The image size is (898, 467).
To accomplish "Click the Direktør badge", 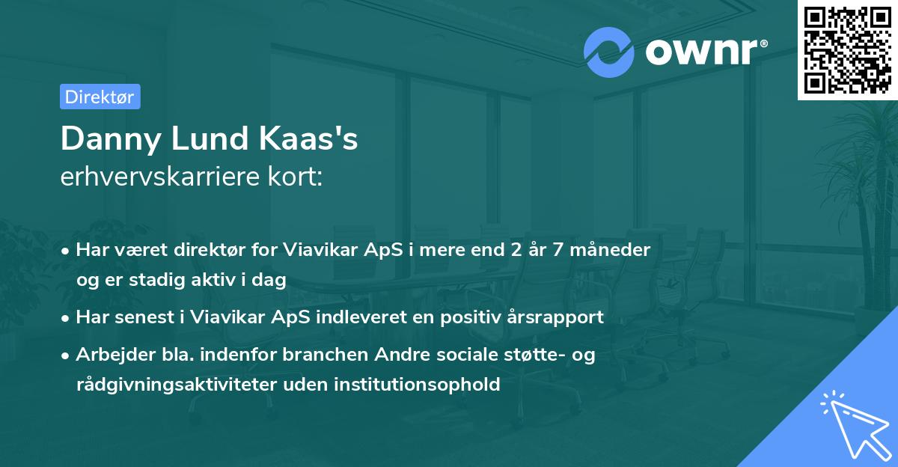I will pyautogui.click(x=100, y=97).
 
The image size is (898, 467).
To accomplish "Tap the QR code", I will pyautogui.click(x=846, y=49).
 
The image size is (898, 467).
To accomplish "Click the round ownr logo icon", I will pyautogui.click(x=609, y=52).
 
